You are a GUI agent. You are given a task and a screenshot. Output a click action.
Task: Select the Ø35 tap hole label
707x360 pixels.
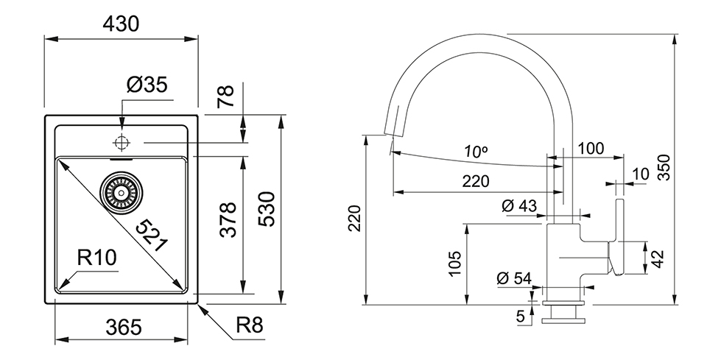147,85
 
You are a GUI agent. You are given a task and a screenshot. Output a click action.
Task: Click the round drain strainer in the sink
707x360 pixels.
122,193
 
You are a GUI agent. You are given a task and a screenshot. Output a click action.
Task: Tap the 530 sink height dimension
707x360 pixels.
268,209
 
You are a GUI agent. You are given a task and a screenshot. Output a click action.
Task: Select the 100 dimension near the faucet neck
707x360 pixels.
591,148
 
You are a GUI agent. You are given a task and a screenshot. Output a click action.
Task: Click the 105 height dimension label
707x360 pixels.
454,263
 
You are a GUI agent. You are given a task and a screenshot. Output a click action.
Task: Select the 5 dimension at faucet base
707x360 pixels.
521,317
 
